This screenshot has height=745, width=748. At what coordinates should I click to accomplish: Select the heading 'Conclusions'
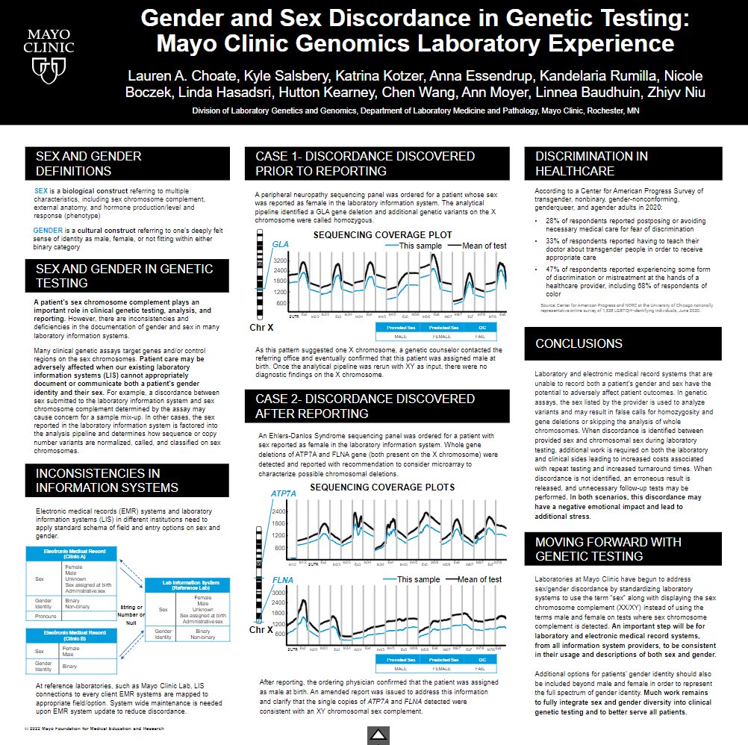579,343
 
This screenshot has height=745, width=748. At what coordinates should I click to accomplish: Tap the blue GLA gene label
280,244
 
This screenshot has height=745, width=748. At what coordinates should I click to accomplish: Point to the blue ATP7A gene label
283,494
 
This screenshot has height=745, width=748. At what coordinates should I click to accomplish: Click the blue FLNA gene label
281,580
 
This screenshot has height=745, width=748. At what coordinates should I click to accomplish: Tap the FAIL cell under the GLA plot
481,337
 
